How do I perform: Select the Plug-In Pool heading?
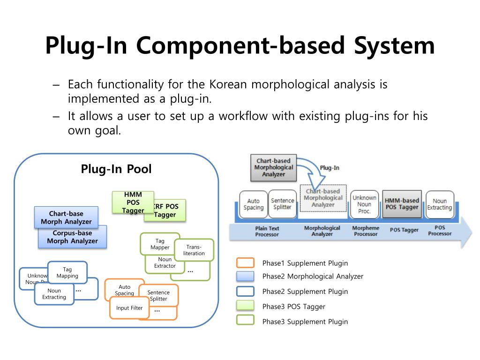(x=116, y=169)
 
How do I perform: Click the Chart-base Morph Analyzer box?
(x=66, y=217)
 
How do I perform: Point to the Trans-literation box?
(x=194, y=250)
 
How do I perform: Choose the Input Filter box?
(x=129, y=308)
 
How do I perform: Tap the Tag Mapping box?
(x=67, y=272)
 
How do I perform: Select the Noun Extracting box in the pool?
(x=54, y=294)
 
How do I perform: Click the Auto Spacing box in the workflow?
(x=253, y=204)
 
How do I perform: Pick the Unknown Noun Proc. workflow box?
(x=364, y=204)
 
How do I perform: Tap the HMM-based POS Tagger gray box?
(x=402, y=204)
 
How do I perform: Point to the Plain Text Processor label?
(x=267, y=231)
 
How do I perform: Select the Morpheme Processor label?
(x=366, y=231)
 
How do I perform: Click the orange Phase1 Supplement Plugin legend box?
(x=246, y=263)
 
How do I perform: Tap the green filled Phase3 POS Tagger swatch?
(x=246, y=307)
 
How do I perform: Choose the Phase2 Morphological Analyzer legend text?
(x=313, y=277)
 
